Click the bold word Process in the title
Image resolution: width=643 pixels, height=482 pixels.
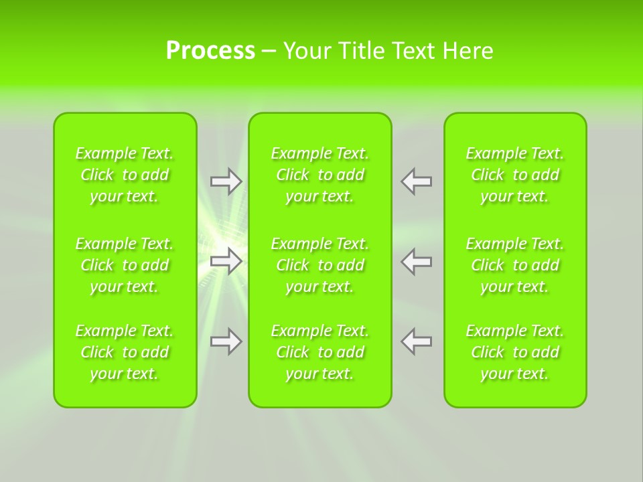click(210, 51)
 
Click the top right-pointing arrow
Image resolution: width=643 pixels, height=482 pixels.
click(226, 181)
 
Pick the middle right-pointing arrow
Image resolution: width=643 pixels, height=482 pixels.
click(226, 261)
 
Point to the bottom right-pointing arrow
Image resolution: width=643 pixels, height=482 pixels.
click(226, 341)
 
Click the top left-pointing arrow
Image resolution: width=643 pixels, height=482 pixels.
click(417, 181)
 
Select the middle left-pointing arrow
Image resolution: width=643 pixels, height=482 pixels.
click(417, 261)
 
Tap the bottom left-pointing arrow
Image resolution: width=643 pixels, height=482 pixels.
click(417, 341)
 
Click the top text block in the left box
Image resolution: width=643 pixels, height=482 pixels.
click(125, 175)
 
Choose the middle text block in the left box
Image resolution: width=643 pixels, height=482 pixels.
click(125, 265)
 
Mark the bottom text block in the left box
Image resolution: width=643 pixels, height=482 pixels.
click(125, 352)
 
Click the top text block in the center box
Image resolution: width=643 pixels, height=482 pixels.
click(320, 175)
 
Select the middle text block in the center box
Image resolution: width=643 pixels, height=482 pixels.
click(320, 265)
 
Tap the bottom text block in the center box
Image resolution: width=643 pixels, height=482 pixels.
click(320, 352)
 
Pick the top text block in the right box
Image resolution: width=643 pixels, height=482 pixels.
click(515, 175)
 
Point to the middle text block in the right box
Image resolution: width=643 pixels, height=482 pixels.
click(515, 265)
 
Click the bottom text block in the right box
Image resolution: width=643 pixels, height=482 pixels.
click(515, 352)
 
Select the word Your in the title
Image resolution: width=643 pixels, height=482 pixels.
click(306, 51)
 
